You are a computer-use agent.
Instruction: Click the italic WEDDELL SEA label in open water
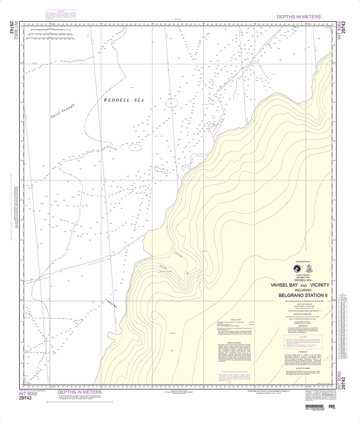(x=123, y=100)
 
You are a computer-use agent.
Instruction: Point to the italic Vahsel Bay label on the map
(x=112, y=305)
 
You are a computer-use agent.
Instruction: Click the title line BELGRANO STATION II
(x=303, y=295)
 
